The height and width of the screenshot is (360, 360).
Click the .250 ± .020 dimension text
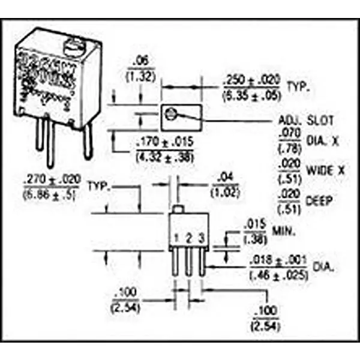(x=250, y=79)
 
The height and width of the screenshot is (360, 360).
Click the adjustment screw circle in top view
(x=172, y=113)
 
